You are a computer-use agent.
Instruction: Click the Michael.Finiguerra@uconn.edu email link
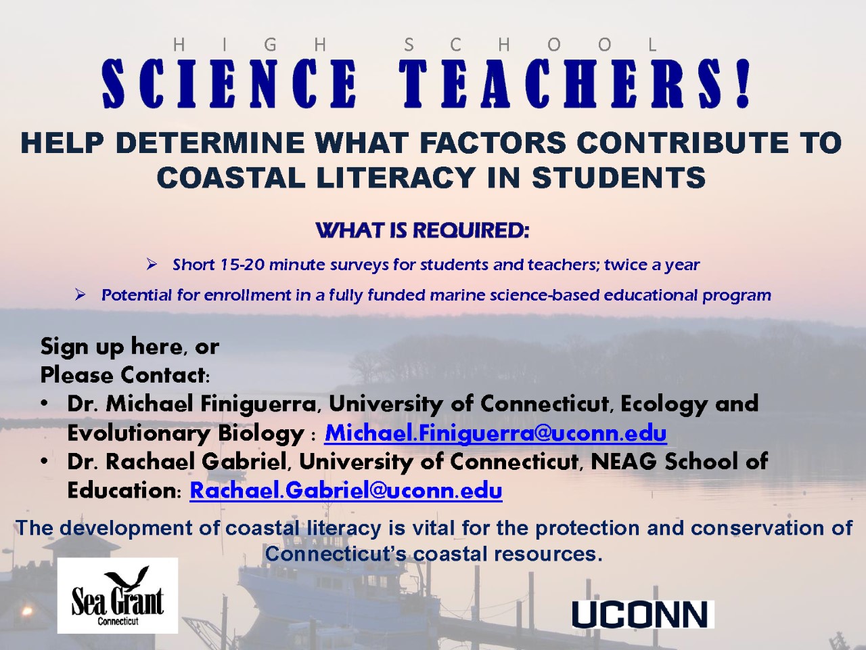point(495,433)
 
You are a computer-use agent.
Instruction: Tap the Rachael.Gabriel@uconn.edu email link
point(346,491)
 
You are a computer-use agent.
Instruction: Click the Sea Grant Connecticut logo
point(118,596)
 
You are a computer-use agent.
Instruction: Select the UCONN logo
point(643,614)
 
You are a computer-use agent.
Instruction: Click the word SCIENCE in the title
point(229,84)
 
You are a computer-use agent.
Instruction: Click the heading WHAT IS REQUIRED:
point(422,231)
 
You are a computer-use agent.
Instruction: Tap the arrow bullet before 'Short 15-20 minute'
point(152,265)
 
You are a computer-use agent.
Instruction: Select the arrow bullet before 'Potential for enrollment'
point(80,295)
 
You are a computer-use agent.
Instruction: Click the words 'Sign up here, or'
point(130,347)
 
